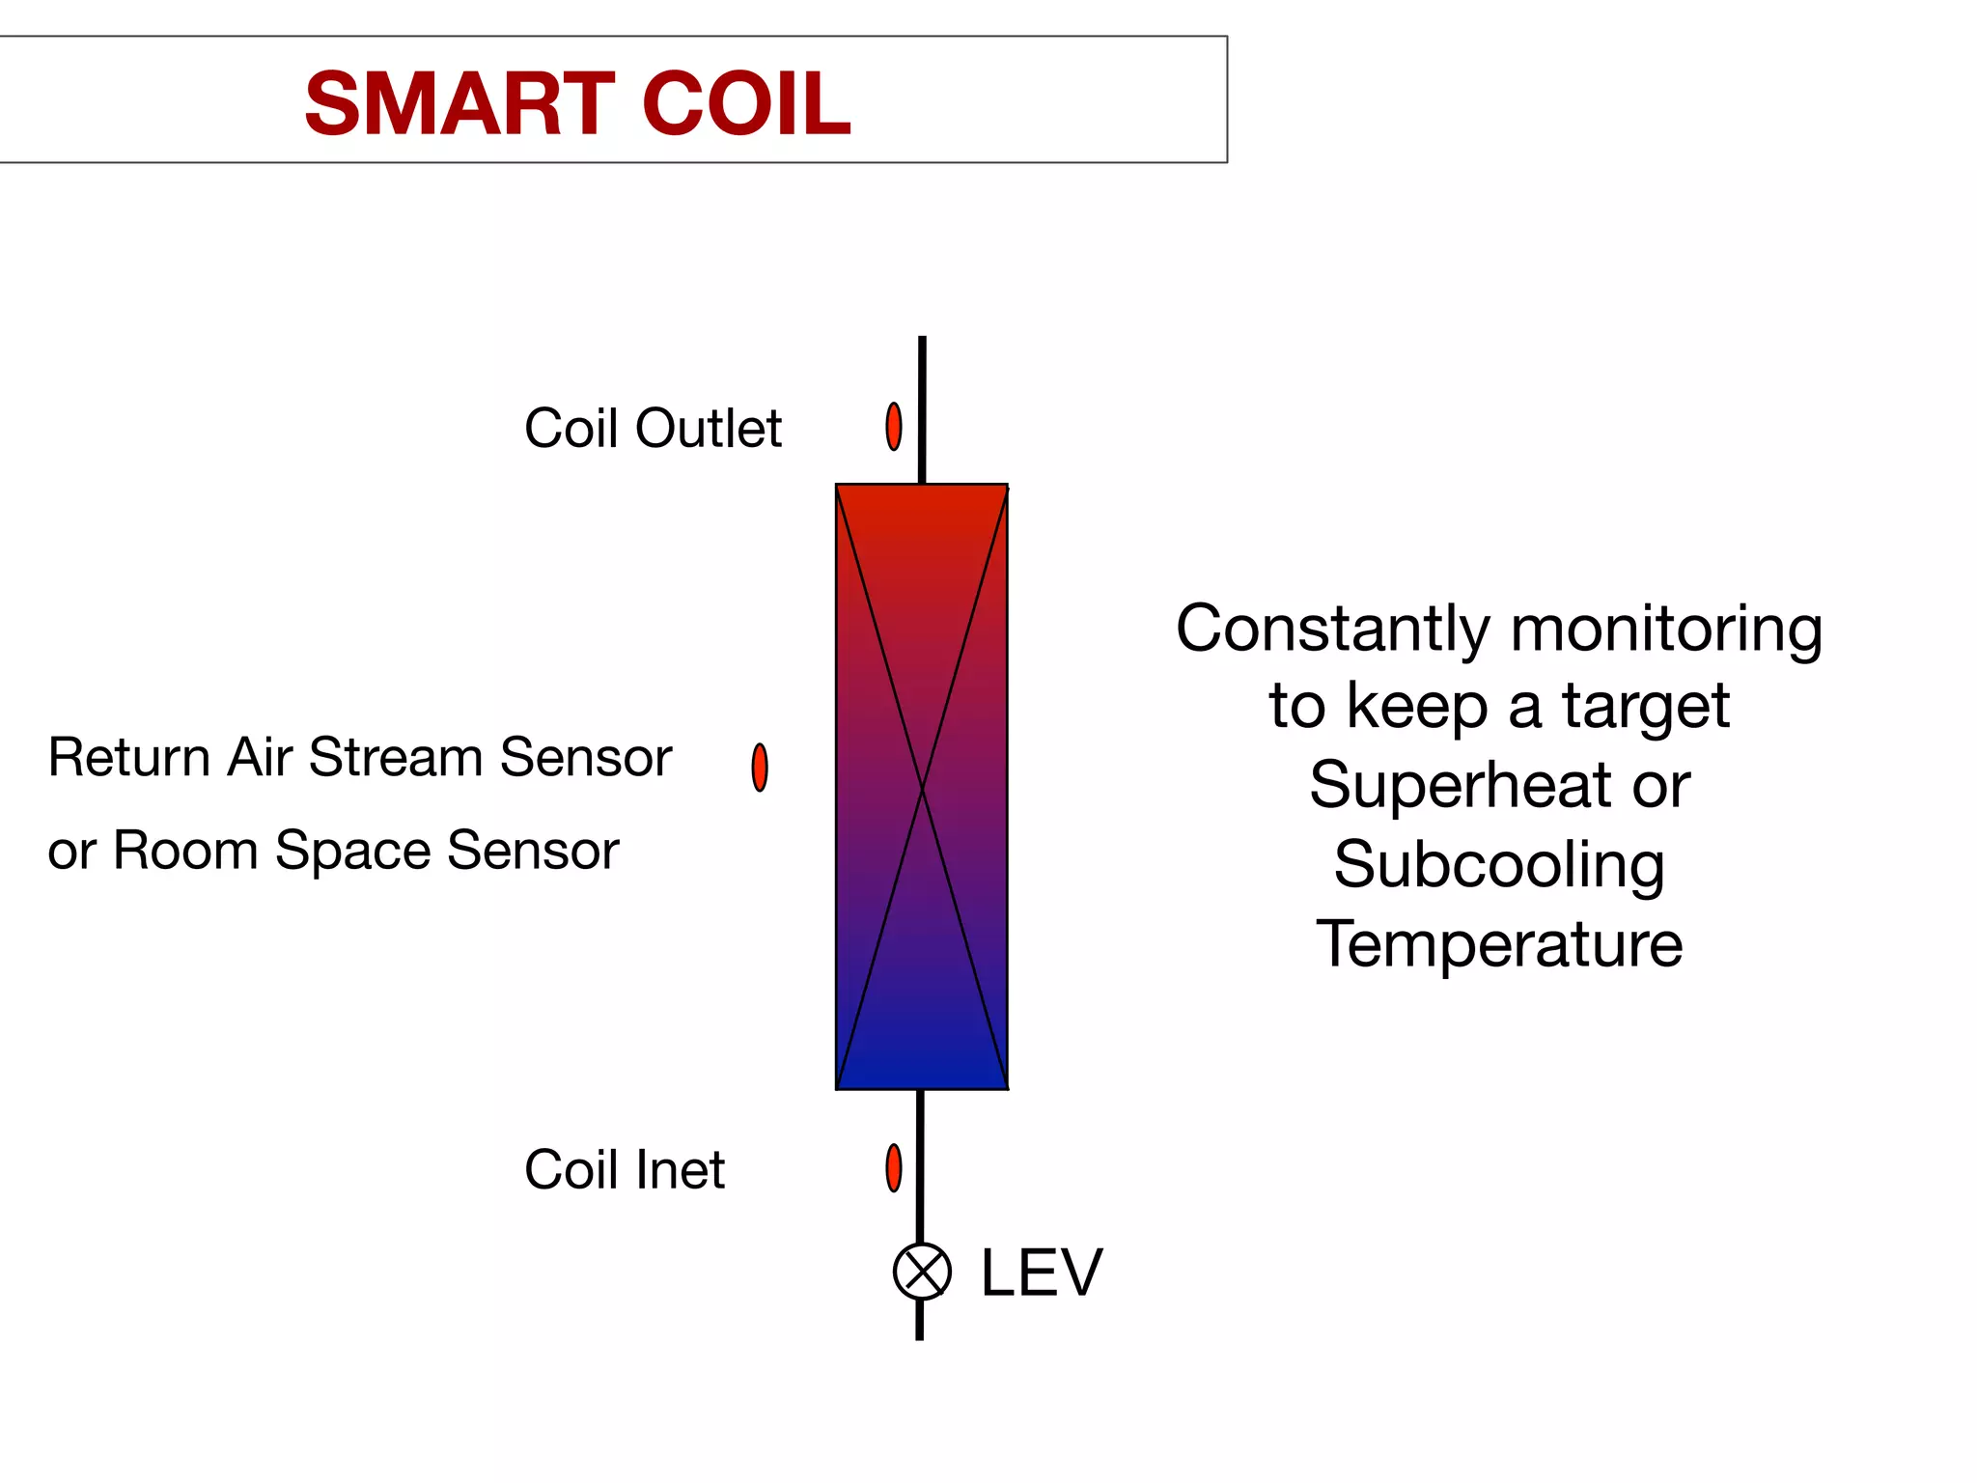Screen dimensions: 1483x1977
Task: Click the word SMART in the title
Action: pyautogui.click(x=459, y=103)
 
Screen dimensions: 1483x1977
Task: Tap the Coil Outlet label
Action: pyautogui.click(x=653, y=428)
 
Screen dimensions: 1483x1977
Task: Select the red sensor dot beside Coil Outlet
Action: pyautogui.click(x=894, y=427)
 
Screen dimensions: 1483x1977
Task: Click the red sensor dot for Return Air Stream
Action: pyautogui.click(x=760, y=768)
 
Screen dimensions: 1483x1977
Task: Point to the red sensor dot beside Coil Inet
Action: pyautogui.click(x=894, y=1168)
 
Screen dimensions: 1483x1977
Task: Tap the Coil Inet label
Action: pyautogui.click(x=624, y=1170)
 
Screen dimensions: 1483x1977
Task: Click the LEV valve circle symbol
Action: pyautogui.click(x=922, y=1272)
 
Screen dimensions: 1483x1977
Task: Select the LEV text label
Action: pyautogui.click(x=1041, y=1273)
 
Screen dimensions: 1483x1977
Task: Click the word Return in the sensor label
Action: pyautogui.click(x=128, y=757)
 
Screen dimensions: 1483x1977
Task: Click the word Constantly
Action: pyautogui.click(x=1332, y=629)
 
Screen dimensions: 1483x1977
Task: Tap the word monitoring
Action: pyautogui.click(x=1666, y=630)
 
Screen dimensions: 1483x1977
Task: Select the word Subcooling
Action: pyautogui.click(x=1499, y=864)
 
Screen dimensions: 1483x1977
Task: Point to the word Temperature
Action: pyautogui.click(x=1499, y=943)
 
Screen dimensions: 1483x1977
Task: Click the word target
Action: pyautogui.click(x=1646, y=707)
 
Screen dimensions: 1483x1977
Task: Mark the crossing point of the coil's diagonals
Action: pyautogui.click(x=922, y=788)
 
